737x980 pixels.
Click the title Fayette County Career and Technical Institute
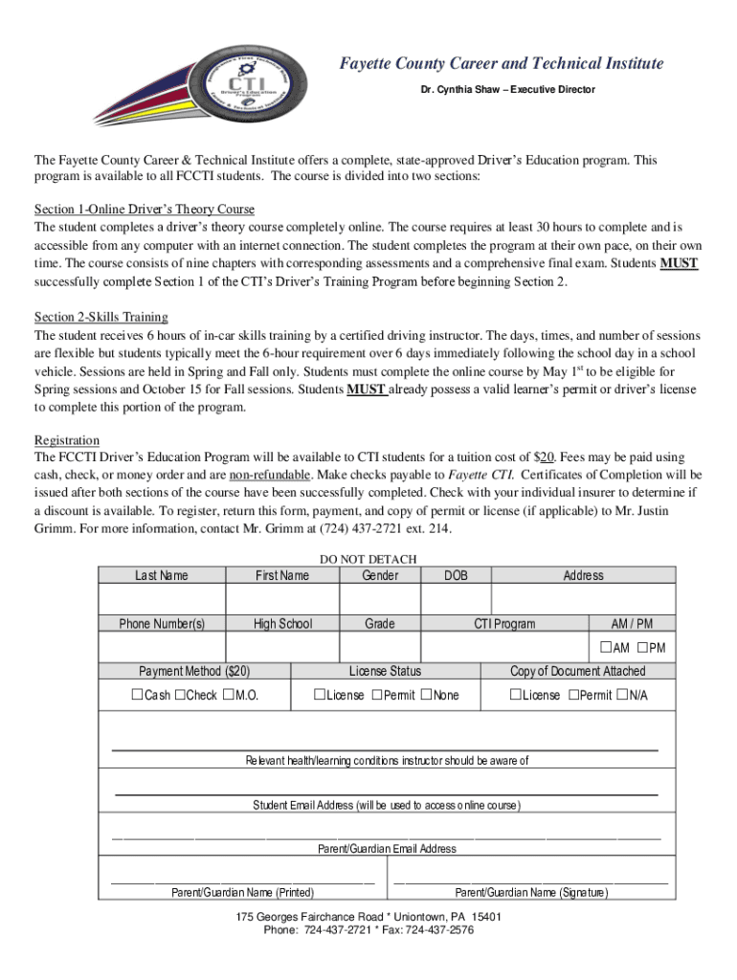502,64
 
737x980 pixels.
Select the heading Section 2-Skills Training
101,317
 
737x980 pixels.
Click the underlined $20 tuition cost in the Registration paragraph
543,457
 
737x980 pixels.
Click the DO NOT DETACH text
368,560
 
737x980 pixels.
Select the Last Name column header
162,575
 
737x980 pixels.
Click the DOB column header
457,575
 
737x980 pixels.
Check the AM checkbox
606,648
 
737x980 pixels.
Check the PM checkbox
642,648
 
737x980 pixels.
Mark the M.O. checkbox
228,696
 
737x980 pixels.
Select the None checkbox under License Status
427,696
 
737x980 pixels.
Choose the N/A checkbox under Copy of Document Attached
622,696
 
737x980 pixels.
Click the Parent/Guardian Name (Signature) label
530,893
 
